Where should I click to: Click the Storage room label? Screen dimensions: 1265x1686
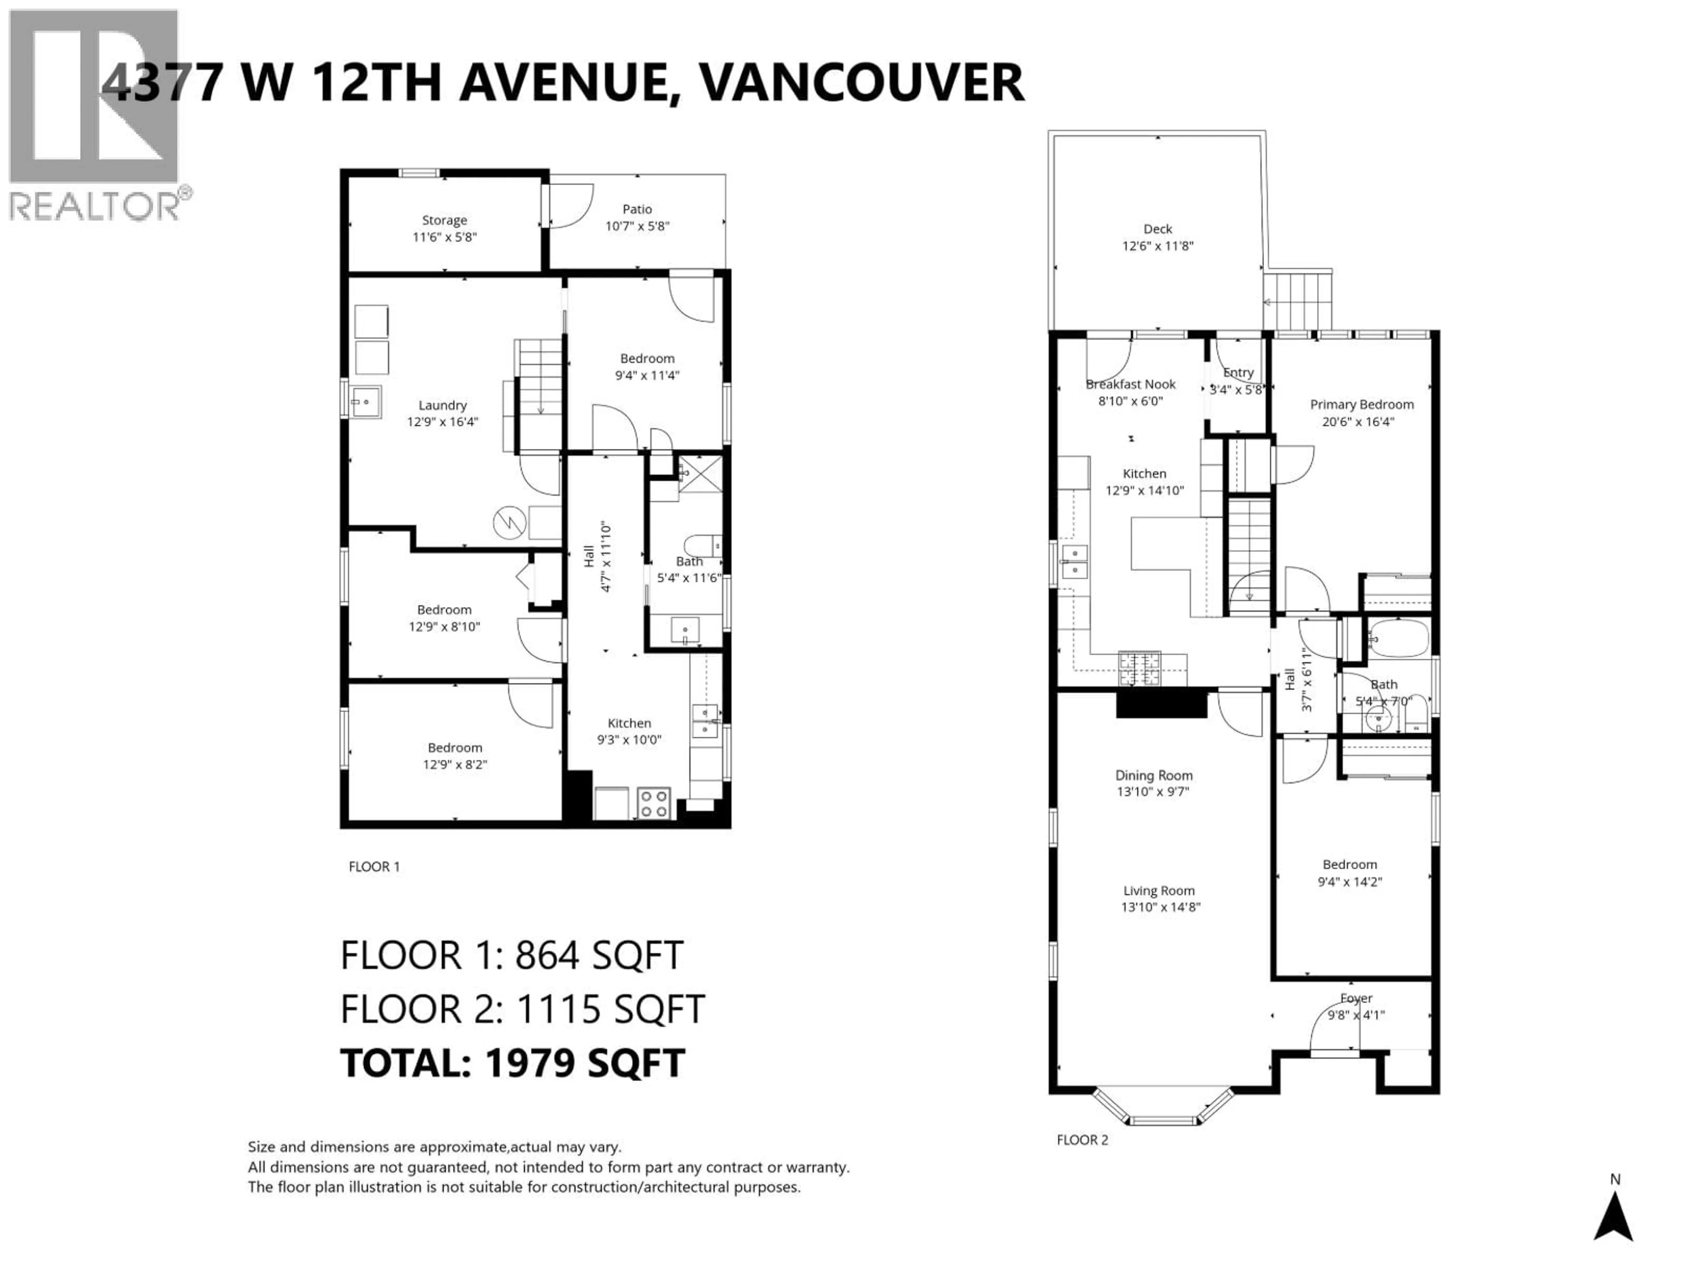pyautogui.click(x=444, y=220)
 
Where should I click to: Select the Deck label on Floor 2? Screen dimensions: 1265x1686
pyautogui.click(x=1157, y=229)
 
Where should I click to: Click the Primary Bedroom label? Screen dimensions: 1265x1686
pyautogui.click(x=1361, y=405)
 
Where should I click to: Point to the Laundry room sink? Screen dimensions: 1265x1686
pyautogui.click(x=366, y=402)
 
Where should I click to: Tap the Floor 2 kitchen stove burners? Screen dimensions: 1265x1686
pyautogui.click(x=1139, y=668)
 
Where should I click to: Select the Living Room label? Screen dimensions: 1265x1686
pyautogui.click(x=1159, y=891)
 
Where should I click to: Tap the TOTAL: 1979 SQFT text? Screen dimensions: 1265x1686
pyautogui.click(x=512, y=1063)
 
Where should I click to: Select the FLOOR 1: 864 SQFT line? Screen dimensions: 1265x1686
pyautogui.click(x=512, y=955)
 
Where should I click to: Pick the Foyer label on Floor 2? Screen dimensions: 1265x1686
pyautogui.click(x=1355, y=998)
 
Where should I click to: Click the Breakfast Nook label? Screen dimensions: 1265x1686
pyautogui.click(x=1130, y=384)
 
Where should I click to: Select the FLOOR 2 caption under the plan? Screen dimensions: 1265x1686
pyautogui.click(x=1081, y=1140)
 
